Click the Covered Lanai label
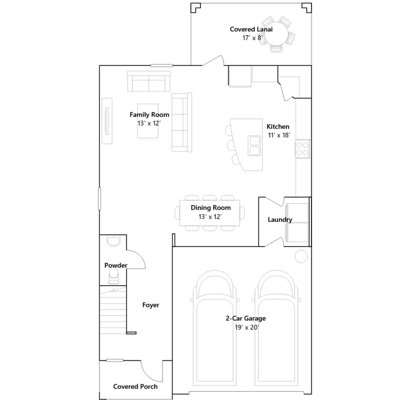(x=251, y=29)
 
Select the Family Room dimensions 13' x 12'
(x=149, y=123)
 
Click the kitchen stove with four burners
(x=303, y=149)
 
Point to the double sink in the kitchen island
(x=254, y=146)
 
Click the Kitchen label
(x=278, y=127)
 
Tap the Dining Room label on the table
(x=211, y=208)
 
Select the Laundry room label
(x=280, y=220)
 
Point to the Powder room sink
(x=114, y=241)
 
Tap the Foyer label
(x=151, y=305)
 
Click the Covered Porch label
(x=135, y=387)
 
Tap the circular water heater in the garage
(x=301, y=256)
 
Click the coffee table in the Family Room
(x=148, y=121)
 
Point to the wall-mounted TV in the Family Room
(x=107, y=121)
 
